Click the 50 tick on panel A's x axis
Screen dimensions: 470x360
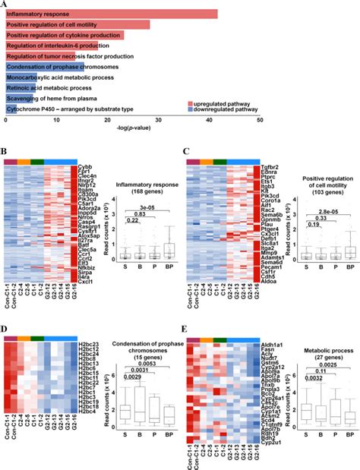click(261, 121)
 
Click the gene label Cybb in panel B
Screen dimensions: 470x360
click(85, 166)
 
